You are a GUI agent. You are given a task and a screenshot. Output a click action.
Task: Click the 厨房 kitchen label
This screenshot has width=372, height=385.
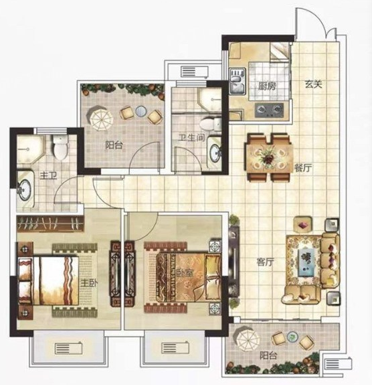(267, 86)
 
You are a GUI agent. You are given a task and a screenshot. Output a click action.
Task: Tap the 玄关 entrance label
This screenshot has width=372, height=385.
(313, 84)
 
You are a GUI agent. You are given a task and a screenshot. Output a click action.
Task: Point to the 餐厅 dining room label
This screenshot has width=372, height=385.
(303, 168)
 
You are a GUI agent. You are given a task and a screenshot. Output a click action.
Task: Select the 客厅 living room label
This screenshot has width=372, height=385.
(265, 262)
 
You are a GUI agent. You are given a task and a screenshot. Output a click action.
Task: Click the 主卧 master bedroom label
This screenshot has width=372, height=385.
(89, 283)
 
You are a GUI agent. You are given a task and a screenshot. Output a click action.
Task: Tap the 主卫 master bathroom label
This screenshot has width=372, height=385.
(48, 176)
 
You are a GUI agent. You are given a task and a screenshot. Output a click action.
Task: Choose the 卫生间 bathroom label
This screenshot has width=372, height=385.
(191, 137)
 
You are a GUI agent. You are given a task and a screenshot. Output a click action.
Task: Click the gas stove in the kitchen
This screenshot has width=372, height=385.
(269, 110)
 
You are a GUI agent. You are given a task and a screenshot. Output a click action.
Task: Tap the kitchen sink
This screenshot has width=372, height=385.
(238, 81)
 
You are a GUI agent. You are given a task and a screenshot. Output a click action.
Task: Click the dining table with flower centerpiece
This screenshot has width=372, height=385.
(270, 157)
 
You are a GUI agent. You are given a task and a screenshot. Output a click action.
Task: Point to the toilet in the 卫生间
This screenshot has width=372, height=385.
(211, 124)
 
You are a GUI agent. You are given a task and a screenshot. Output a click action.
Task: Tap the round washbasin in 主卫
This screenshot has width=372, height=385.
(25, 189)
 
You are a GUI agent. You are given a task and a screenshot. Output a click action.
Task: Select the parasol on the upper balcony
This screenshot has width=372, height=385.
(101, 119)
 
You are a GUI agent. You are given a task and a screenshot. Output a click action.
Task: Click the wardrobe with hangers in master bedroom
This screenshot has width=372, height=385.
(51, 224)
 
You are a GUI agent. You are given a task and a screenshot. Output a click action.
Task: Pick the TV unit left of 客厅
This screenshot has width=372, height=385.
(234, 261)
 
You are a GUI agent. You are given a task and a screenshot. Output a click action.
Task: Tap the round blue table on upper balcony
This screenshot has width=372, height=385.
(141, 111)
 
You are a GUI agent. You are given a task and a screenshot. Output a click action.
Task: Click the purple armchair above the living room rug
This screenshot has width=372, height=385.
(303, 224)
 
